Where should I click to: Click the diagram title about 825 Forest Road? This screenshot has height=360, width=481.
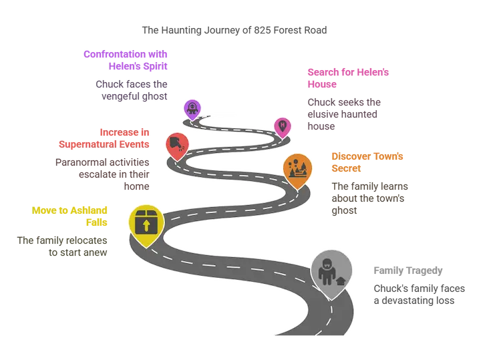coord(234,30)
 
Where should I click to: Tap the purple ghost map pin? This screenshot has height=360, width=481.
coord(192,109)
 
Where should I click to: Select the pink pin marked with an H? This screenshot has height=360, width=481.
coord(282,127)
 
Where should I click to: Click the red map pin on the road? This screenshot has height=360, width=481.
coord(177,146)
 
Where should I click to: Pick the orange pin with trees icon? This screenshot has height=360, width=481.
coord(297,170)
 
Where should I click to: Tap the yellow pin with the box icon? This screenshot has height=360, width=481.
coord(146,224)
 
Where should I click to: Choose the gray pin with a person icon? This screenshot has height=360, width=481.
coord(331,273)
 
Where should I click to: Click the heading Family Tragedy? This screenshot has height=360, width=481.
coord(408,271)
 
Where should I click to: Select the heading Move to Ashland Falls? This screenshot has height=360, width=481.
coord(69,216)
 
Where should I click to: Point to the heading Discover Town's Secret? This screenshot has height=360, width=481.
coord(367,162)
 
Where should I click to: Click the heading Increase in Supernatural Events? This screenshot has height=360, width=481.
coord(104,138)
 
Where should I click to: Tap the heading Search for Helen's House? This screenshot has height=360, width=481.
coord(348,78)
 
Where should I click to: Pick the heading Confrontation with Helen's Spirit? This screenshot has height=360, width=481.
coord(126,60)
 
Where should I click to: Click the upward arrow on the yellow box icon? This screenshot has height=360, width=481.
coord(146,225)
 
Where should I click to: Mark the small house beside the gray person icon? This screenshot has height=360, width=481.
coord(341,281)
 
